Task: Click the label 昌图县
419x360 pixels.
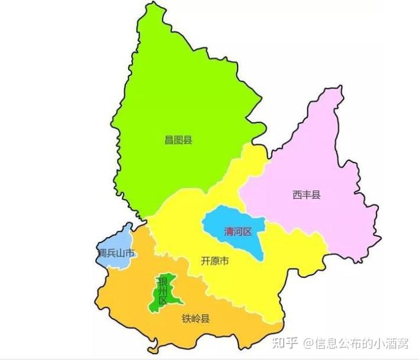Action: click(178, 140)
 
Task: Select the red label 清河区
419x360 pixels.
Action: click(238, 231)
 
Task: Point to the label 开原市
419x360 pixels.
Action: click(215, 261)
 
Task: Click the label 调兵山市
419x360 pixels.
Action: click(116, 254)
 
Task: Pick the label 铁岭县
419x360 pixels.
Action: click(196, 319)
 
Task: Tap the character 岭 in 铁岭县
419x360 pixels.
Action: click(196, 319)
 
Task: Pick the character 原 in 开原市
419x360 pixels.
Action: click(215, 261)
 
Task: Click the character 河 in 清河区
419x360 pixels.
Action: click(238, 231)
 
